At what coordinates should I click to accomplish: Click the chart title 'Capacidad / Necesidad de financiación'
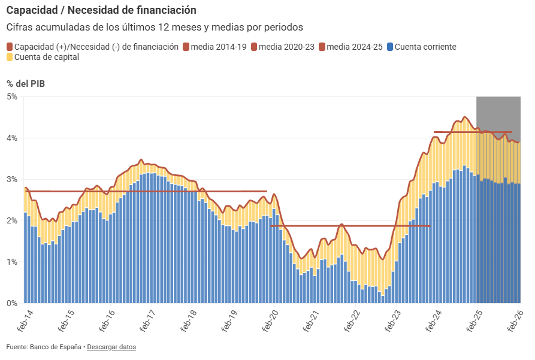[x=101, y=10]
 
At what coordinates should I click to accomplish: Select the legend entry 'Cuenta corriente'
[x=426, y=47]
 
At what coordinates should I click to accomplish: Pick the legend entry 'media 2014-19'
[x=219, y=47]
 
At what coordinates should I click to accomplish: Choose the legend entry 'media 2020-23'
[x=287, y=47]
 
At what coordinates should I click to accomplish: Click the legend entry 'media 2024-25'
[x=355, y=47]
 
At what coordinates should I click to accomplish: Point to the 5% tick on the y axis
[x=12, y=96]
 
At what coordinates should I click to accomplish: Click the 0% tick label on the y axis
[x=12, y=303]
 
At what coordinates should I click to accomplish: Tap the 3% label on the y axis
[x=12, y=179]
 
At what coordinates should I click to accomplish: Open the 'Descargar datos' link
[x=111, y=347]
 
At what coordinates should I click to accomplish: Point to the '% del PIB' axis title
[x=26, y=83]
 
